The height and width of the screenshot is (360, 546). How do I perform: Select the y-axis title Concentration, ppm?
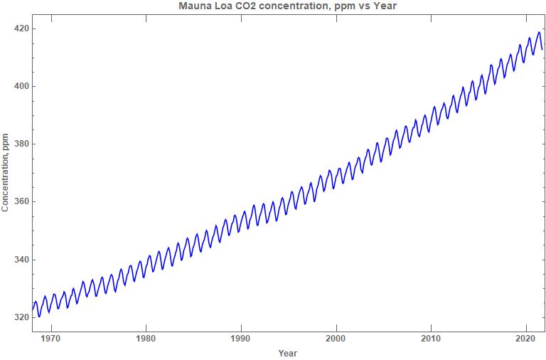pos(6,173)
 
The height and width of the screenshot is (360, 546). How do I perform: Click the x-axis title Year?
pos(288,353)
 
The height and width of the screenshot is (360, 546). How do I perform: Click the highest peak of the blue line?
pos(539,32)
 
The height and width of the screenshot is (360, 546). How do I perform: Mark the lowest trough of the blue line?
pos(40,317)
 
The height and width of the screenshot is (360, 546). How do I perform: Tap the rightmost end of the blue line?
pos(542,49)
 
